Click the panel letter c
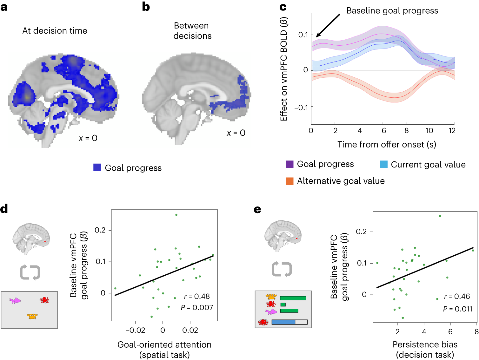[283, 7]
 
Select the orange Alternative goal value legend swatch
[289, 181]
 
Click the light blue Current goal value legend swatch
[383, 164]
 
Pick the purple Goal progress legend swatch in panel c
[289, 164]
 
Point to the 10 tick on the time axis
[429, 131]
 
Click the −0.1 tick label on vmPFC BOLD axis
[301, 108]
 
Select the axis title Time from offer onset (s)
[387, 145]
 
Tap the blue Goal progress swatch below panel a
[97, 167]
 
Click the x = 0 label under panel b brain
[236, 133]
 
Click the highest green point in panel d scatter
[176, 215]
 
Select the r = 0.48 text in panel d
[197, 296]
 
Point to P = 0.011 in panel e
[458, 309]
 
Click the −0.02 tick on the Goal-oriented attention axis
[135, 331]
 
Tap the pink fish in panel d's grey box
[15, 300]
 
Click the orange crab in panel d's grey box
[32, 316]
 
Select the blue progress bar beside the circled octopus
[283, 322]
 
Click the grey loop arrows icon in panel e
[282, 269]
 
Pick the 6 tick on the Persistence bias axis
[450, 332]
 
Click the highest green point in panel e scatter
[440, 216]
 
